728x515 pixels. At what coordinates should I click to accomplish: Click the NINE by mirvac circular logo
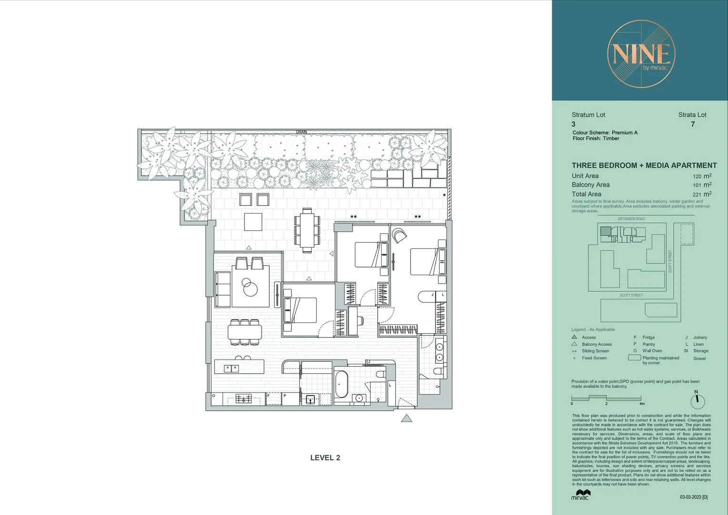pyautogui.click(x=641, y=54)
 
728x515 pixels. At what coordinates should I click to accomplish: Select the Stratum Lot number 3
pyautogui.click(x=574, y=124)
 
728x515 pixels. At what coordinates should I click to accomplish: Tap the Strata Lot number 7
pyautogui.click(x=693, y=124)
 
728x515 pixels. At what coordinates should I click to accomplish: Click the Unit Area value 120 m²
pyautogui.click(x=702, y=176)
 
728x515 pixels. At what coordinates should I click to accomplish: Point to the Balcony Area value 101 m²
pyautogui.click(x=702, y=185)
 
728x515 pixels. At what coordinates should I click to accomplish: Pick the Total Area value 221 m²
pyautogui.click(x=702, y=194)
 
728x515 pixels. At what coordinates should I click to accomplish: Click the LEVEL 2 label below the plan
pyautogui.click(x=325, y=458)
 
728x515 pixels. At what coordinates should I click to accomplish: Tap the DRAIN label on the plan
pyautogui.click(x=302, y=132)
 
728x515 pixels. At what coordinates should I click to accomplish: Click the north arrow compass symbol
pyautogui.click(x=697, y=400)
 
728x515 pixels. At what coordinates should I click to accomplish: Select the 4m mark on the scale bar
pyautogui.click(x=641, y=403)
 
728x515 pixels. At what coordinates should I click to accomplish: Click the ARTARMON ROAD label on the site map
pyautogui.click(x=631, y=219)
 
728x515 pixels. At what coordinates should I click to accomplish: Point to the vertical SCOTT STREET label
pyautogui.click(x=670, y=261)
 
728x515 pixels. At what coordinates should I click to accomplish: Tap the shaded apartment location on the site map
pyautogui.click(x=605, y=231)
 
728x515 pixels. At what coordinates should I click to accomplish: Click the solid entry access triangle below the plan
pyautogui.click(x=406, y=419)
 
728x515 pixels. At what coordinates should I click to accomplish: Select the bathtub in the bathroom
pyautogui.click(x=342, y=384)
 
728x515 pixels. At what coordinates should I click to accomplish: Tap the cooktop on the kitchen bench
pyautogui.click(x=243, y=399)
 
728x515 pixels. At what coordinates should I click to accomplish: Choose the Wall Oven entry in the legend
pyautogui.click(x=652, y=351)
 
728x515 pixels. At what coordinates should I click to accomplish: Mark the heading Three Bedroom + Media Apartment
pyautogui.click(x=644, y=165)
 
